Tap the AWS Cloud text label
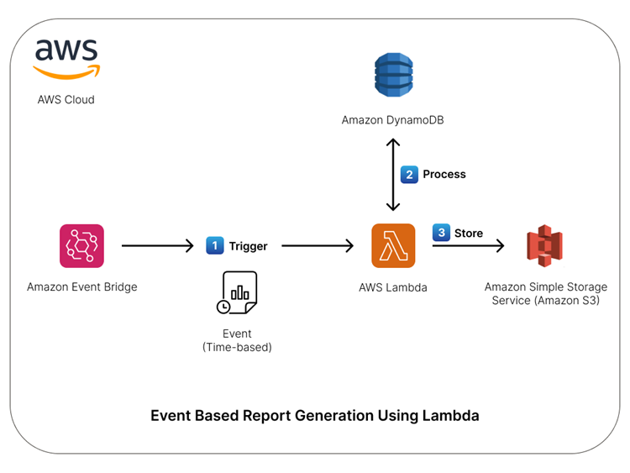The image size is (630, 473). [66, 99]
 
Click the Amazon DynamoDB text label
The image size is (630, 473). [392, 120]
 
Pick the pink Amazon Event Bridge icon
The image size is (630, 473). [81, 245]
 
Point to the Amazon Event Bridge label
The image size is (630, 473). [81, 286]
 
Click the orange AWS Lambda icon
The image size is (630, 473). [393, 245]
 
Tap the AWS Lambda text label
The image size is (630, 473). [393, 287]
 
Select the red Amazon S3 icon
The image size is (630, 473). [544, 246]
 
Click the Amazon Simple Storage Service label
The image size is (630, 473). [545, 293]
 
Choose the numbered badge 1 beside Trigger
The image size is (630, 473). [215, 246]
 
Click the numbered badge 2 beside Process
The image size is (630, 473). [409, 174]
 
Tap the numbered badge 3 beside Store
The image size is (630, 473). [441, 233]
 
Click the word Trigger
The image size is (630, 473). [248, 246]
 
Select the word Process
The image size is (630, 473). [444, 174]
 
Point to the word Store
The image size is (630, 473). [469, 233]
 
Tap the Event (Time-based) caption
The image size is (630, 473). [237, 340]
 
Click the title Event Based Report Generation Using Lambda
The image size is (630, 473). [315, 415]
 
